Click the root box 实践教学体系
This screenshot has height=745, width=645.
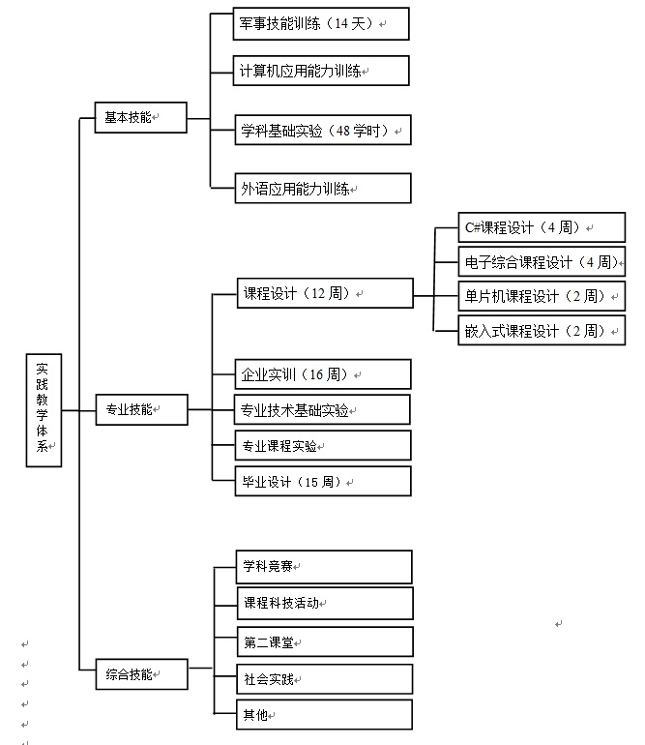tap(44, 408)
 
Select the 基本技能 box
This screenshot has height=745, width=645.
tap(140, 118)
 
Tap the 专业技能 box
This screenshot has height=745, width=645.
tap(140, 409)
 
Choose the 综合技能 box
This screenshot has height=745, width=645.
tap(140, 674)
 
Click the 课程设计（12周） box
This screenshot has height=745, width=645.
tap(324, 293)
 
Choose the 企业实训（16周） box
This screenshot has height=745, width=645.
tap(322, 374)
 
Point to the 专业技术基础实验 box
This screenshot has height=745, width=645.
tap(322, 410)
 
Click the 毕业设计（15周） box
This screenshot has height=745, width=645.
tap(322, 481)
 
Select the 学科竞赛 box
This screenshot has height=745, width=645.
tap(324, 566)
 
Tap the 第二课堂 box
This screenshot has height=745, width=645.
tap(324, 641)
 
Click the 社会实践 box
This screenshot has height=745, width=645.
tap(324, 679)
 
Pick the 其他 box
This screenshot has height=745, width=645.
tap(324, 715)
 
